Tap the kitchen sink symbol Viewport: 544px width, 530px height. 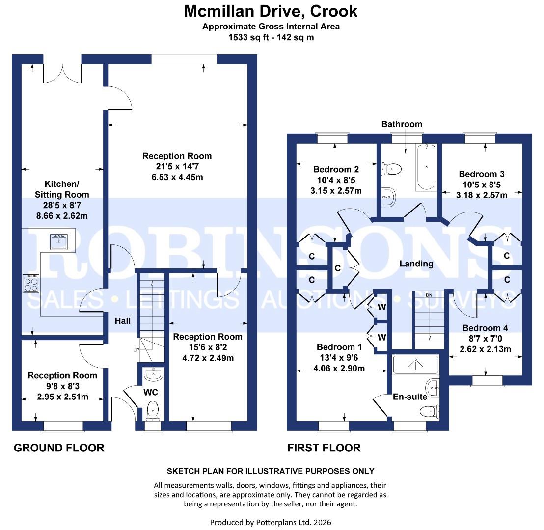tap(59, 240)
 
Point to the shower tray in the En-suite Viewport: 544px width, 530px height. tap(415, 364)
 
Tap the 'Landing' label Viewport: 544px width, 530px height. tap(416, 264)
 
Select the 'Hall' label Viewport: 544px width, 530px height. tap(123, 321)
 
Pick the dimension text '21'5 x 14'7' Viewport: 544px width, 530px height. tap(177, 166)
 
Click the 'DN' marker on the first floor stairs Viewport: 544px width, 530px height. tap(429, 295)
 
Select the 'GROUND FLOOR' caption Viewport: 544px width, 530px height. tap(59, 448)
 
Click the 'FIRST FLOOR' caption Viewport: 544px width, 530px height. tap(324, 448)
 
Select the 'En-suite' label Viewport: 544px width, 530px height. tap(409, 397)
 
